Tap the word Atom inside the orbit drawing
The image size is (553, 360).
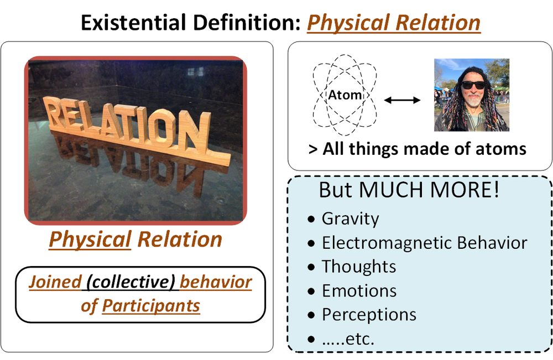point(345,95)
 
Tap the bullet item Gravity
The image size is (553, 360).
point(350,218)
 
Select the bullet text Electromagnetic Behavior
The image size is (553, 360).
point(424,243)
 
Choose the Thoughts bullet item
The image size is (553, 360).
point(359,267)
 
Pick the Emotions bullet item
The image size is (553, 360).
point(359,290)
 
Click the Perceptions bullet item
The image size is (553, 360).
point(369,315)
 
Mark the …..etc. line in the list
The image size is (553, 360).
point(348,338)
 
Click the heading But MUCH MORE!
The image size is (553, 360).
point(409,190)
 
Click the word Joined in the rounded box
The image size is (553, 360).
point(55,282)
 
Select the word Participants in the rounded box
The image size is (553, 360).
point(151,305)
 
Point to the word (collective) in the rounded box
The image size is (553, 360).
point(131,282)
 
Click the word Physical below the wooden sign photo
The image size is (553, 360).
point(90,239)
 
